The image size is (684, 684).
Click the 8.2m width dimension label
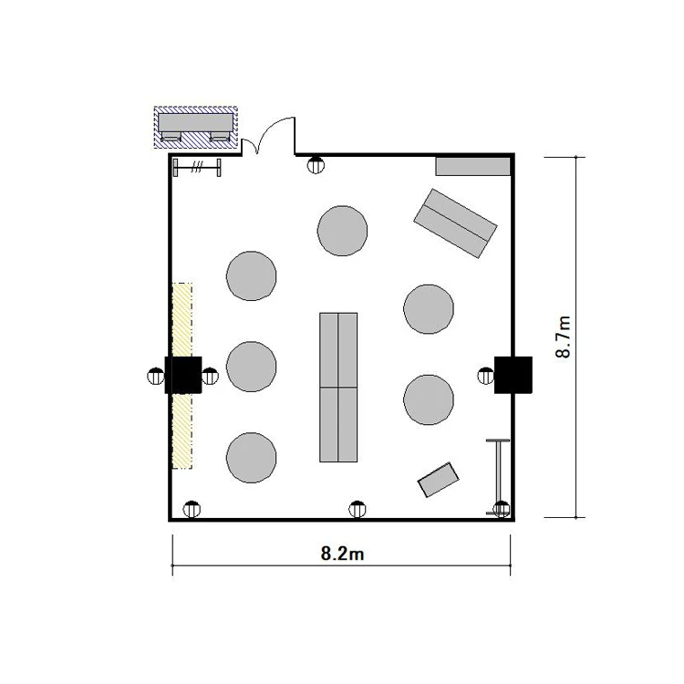[342, 554]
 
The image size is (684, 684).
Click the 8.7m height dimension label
[564, 337]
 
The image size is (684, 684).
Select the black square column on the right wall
[513, 375]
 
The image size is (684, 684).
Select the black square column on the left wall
[183, 375]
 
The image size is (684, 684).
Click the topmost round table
[342, 231]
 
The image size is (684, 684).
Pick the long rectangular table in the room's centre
[338, 388]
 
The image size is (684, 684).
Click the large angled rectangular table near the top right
[455, 223]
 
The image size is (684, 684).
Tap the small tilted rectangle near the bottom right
[439, 480]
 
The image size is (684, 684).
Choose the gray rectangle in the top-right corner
[472, 166]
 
